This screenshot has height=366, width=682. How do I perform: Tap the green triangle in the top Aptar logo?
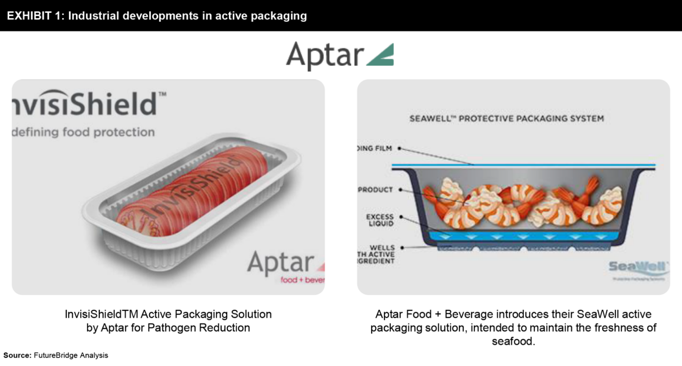[x=383, y=56]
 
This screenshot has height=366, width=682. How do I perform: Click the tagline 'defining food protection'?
[x=83, y=132]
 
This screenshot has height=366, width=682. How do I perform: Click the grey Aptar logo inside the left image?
[x=281, y=262]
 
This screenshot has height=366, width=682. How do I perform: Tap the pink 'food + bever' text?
[x=302, y=280]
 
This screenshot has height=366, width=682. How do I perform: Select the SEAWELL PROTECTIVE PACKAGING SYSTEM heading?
[x=506, y=119]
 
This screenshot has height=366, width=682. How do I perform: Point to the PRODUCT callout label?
[x=376, y=190]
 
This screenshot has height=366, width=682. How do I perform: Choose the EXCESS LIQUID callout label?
[x=380, y=220]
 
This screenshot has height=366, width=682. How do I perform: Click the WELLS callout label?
[x=382, y=248]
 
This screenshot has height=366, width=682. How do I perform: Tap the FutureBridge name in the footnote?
[x=56, y=355]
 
